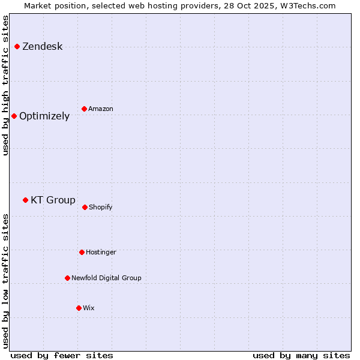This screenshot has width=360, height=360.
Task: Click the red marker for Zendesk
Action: click(17, 46)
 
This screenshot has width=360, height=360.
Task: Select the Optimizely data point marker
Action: click(14, 116)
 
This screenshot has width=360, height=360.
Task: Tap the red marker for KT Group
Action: click(25, 200)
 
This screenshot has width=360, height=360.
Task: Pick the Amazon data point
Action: click(84, 109)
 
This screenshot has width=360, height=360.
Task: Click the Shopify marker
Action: click(85, 207)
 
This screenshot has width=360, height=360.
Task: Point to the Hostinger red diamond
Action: click(82, 252)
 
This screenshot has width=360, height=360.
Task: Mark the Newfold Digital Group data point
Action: click(67, 278)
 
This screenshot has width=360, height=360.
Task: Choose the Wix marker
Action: click(79, 308)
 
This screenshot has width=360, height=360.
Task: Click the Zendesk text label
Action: click(42, 47)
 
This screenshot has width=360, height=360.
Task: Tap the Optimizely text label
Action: click(44, 116)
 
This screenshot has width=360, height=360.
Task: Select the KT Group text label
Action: click(53, 200)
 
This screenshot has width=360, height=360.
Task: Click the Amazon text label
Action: click(101, 109)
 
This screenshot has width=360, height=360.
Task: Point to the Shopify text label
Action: click(101, 208)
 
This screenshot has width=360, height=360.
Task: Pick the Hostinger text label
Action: click(101, 253)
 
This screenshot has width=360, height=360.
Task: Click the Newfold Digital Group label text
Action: click(106, 278)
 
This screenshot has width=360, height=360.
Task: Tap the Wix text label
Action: click(89, 308)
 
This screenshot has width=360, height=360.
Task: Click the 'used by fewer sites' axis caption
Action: click(62, 355)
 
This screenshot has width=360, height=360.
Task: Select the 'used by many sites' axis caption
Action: click(301, 355)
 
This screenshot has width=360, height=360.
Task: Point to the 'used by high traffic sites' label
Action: click(6, 85)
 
